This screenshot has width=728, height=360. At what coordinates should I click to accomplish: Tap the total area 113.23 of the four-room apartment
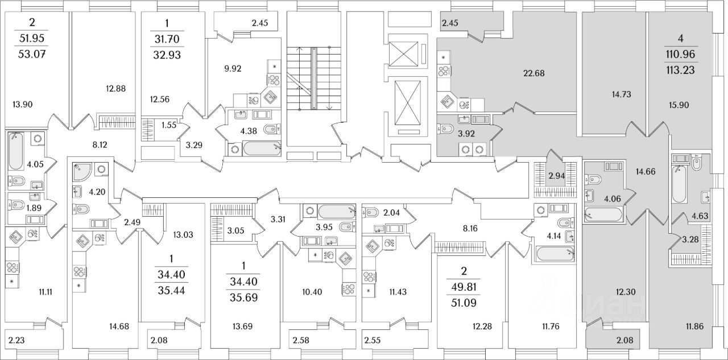pyautogui.click(x=681, y=71)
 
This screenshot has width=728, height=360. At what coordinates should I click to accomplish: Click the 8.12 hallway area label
pyautogui.click(x=100, y=144)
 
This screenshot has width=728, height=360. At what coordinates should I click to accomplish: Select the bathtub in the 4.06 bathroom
pyautogui.click(x=603, y=215)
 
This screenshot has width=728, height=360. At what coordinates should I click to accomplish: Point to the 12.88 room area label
pyautogui.click(x=115, y=88)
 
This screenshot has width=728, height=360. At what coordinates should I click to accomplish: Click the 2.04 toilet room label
pyautogui.click(x=392, y=213)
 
